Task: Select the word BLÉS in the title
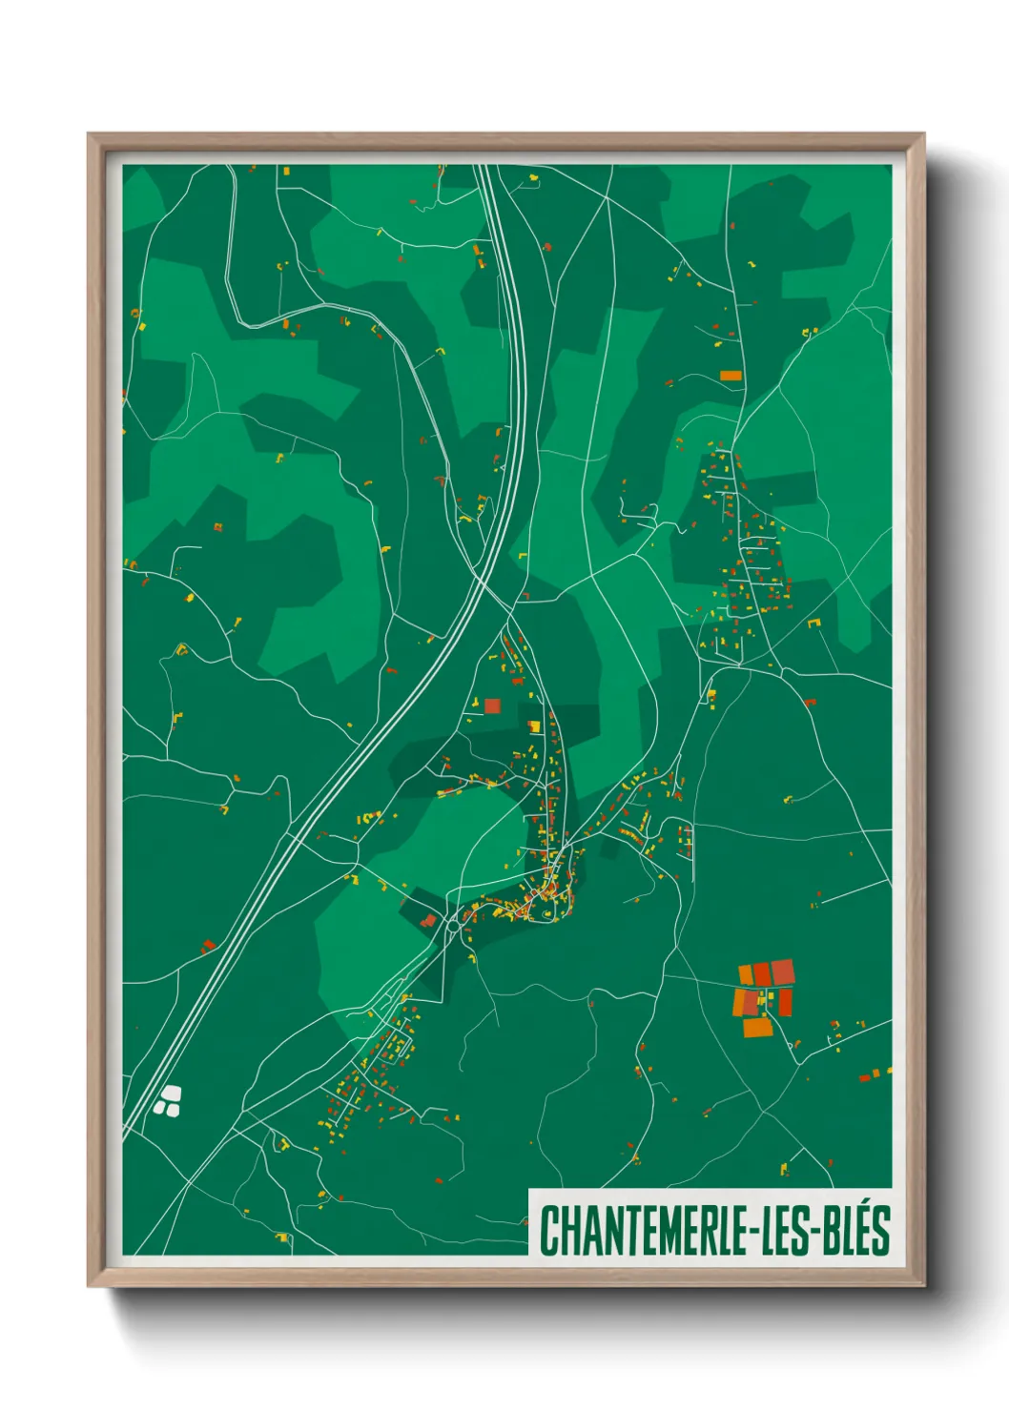855,1230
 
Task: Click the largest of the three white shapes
172,1094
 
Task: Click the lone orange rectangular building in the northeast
731,375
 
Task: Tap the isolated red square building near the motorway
492,705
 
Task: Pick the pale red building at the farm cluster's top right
782,971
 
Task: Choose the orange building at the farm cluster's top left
746,974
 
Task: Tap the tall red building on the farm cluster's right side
785,1002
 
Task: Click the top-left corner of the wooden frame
89,134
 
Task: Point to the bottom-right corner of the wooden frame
923,1285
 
